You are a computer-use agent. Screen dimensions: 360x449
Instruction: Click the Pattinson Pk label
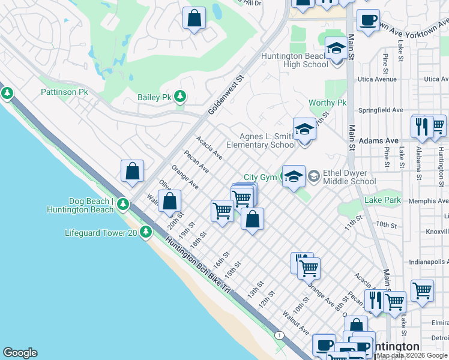click(x=64, y=92)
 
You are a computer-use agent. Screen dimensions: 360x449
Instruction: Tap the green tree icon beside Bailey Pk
click(x=179, y=97)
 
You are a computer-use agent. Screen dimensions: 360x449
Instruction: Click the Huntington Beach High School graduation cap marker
click(x=336, y=50)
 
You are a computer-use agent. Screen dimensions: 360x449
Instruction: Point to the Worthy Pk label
click(x=327, y=103)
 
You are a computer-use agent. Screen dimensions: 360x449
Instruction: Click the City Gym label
click(x=259, y=177)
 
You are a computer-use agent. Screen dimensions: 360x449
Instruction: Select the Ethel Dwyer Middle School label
click(x=349, y=177)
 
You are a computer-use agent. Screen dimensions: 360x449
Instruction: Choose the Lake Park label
click(x=382, y=200)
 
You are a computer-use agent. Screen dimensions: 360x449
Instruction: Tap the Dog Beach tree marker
click(x=122, y=205)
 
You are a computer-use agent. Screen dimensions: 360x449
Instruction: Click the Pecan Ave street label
click(x=196, y=161)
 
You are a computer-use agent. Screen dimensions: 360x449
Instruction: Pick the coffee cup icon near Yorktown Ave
click(x=367, y=20)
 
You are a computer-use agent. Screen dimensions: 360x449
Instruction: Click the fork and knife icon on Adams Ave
click(x=421, y=127)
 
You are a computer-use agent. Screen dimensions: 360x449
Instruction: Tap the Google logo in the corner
click(x=20, y=353)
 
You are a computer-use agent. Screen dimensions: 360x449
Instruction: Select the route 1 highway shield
click(x=279, y=334)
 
